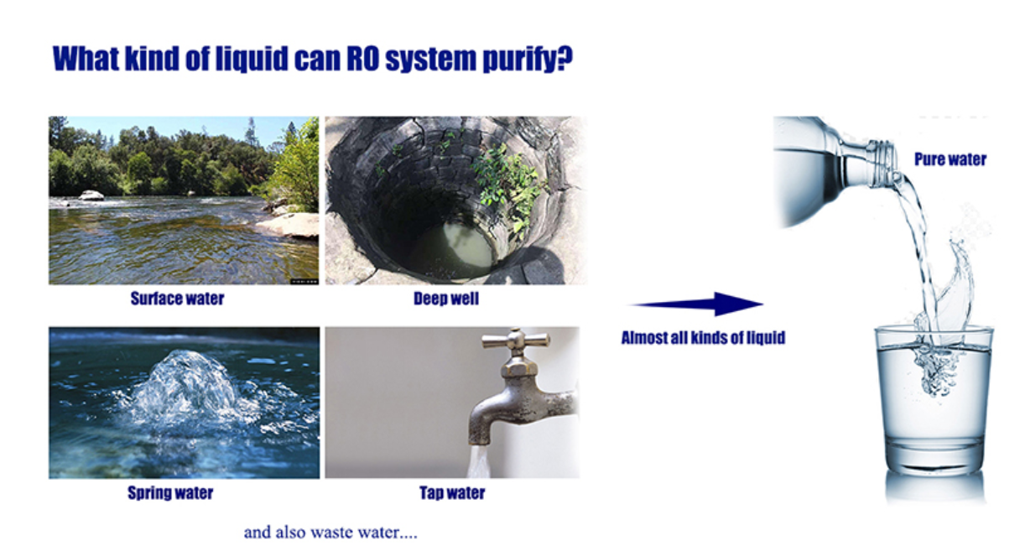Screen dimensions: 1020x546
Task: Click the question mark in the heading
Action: pos(564,59)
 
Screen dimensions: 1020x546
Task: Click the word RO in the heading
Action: pos(362,59)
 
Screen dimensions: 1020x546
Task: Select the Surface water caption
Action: pos(177,299)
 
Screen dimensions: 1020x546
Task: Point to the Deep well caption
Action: pos(446,299)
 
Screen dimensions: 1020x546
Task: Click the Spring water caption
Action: pos(170,492)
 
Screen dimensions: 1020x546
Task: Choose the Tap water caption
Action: pos(452,492)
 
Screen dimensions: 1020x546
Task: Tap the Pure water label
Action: pos(950,159)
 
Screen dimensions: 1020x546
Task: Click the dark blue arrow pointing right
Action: pos(697,304)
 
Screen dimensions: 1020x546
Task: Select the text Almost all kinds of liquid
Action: pos(703,338)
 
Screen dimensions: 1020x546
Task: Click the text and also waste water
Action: pos(330,533)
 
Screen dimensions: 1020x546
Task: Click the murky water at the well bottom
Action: pos(455,250)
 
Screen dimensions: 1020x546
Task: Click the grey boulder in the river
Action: pos(91,195)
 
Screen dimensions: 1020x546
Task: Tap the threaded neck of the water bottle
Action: pos(882,164)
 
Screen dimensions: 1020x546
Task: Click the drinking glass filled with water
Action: pos(934,401)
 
